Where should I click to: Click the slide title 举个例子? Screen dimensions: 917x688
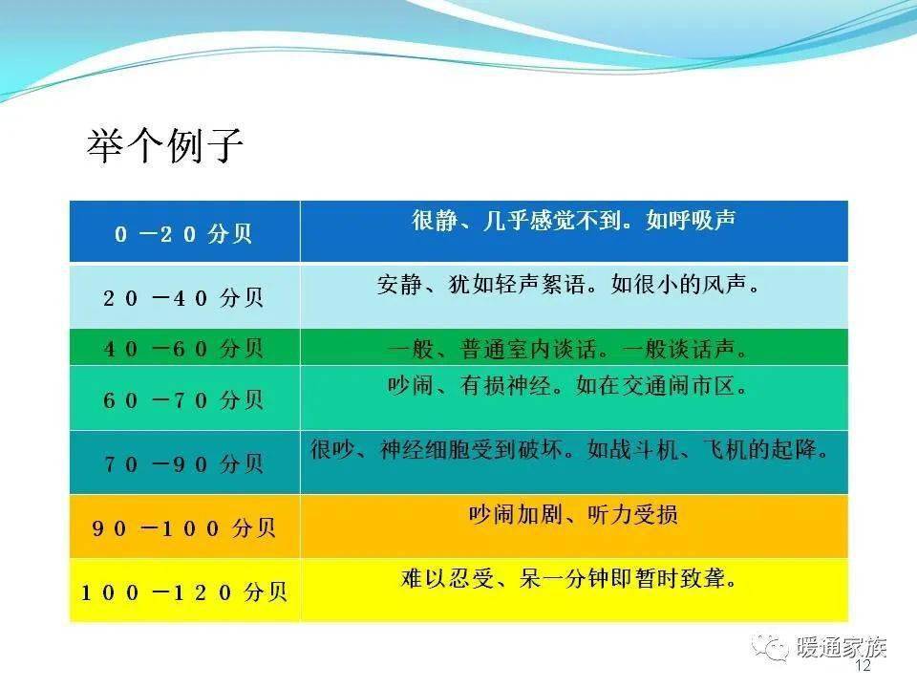coord(165,145)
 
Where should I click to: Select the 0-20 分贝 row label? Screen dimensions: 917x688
coord(183,234)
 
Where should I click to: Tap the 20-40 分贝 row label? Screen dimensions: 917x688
coord(183,298)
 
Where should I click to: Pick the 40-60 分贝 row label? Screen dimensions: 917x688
coord(183,349)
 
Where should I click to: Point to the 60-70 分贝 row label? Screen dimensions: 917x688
coord(183,400)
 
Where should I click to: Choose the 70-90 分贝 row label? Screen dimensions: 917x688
coord(183,464)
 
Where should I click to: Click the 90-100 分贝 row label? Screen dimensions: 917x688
coord(183,528)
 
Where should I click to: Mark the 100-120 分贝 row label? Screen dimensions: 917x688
coord(183,592)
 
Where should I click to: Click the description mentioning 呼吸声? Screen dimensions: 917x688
coord(574,220)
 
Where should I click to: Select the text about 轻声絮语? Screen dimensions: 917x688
coord(567,285)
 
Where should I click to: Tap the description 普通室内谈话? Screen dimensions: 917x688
coord(567,350)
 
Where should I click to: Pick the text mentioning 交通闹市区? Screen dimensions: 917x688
coord(567,385)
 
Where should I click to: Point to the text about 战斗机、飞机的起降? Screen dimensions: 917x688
coord(569,449)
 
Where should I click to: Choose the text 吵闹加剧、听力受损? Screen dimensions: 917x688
coord(574,514)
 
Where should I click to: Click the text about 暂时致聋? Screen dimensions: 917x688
coord(568,579)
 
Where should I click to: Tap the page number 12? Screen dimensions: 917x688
coord(863,665)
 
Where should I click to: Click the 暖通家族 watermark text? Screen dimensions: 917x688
coord(841,647)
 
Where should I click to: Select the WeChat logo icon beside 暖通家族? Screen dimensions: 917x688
coord(770,647)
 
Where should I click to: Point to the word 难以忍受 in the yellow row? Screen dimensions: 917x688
coord(447,579)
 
